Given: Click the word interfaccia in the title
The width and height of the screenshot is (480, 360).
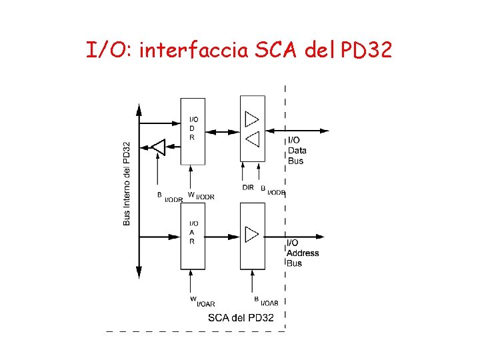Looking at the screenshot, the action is pyautogui.click(x=194, y=49).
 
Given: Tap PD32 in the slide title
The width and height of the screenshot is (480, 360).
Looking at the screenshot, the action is pyautogui.click(x=366, y=49).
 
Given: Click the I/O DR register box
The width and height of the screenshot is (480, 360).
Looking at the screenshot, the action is pyautogui.click(x=193, y=131).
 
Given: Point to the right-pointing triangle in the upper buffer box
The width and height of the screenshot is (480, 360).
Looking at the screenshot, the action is pyautogui.click(x=251, y=119).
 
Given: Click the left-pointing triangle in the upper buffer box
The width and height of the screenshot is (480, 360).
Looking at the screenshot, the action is pyautogui.click(x=251, y=139).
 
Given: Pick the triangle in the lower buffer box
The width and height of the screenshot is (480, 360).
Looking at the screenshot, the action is pyautogui.click(x=251, y=235).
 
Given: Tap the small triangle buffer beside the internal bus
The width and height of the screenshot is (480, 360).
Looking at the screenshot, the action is pyautogui.click(x=158, y=146).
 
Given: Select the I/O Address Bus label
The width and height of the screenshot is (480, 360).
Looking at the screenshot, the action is pyautogui.click(x=302, y=253).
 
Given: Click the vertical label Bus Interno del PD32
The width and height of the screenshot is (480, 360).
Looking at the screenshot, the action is pyautogui.click(x=127, y=184).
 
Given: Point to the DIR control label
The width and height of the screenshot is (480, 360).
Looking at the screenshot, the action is pyautogui.click(x=248, y=188).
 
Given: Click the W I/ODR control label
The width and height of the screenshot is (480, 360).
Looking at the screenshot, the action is pyautogui.click(x=201, y=196).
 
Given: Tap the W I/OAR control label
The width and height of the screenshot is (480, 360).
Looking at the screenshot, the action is pyautogui.click(x=202, y=302).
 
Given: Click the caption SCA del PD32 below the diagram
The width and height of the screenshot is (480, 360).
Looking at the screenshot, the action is pyautogui.click(x=241, y=317).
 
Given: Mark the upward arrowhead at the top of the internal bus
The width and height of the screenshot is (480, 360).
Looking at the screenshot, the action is pyautogui.click(x=139, y=109).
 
